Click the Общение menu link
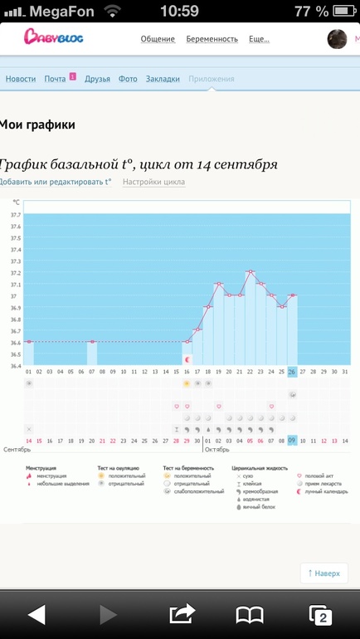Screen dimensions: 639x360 click(x=158, y=39)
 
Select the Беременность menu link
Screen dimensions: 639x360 click(x=212, y=39)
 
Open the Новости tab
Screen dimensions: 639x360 click(x=21, y=79)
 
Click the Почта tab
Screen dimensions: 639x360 click(x=56, y=79)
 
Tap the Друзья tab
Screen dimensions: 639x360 click(x=97, y=79)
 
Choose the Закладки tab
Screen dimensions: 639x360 click(x=163, y=79)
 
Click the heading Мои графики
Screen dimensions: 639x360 click(x=37, y=125)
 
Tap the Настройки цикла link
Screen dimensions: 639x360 click(x=153, y=182)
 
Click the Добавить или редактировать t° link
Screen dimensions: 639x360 click(x=55, y=182)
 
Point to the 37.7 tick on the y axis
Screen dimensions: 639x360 click(x=16, y=215)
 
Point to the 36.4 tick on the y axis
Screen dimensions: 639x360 click(x=16, y=366)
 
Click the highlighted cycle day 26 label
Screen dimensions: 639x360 click(x=292, y=372)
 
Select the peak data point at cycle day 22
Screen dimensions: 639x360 click(x=250, y=271)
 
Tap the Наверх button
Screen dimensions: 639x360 click(x=324, y=573)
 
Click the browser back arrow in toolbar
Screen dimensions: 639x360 click(x=36, y=614)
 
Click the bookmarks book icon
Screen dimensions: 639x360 click(x=250, y=614)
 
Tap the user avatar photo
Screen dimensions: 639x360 click(x=338, y=39)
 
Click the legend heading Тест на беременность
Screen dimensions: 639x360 click(x=188, y=468)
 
